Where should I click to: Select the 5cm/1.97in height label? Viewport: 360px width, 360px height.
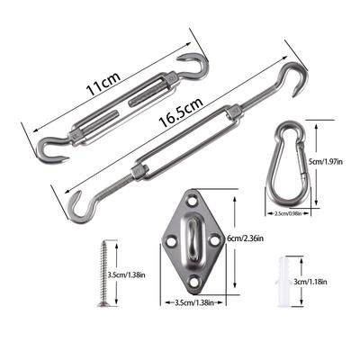326,162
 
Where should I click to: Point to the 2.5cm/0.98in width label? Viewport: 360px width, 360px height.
288,213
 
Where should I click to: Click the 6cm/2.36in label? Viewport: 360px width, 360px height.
245,238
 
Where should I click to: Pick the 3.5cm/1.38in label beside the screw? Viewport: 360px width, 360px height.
126,275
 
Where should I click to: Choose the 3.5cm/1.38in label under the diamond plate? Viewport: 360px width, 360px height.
193,303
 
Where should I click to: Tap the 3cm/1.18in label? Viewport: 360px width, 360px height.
310,282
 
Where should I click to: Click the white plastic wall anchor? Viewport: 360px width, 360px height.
283,282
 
